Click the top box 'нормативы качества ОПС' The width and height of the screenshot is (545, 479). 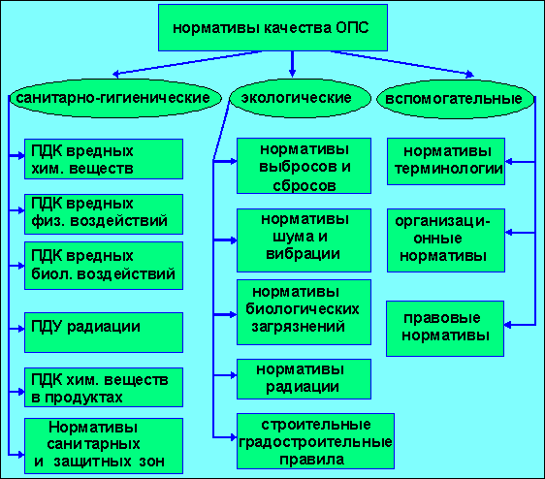(272, 28)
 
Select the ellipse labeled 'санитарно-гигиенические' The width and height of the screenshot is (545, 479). (114, 98)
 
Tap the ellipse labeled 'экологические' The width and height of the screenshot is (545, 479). (300, 98)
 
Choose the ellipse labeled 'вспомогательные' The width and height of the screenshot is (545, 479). (456, 99)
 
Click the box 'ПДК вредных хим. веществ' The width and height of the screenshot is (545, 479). (104, 159)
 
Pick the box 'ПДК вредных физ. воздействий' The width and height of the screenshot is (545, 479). (104, 214)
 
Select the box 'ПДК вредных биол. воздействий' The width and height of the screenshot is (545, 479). (104, 266)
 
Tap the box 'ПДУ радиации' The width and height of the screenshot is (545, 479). (104, 333)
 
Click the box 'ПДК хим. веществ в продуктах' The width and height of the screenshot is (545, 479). (104, 387)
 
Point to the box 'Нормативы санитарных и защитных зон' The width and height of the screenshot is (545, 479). (104, 446)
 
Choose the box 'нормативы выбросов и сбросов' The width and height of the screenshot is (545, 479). (304, 166)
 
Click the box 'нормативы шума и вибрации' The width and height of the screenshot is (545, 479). (304, 240)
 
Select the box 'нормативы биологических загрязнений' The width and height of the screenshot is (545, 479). (304, 312)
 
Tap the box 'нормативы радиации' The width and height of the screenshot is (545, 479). (304, 379)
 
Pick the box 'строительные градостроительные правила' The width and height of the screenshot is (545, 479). (315, 441)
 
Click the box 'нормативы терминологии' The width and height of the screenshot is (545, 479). (446, 161)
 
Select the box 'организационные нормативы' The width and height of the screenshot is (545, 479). (446, 240)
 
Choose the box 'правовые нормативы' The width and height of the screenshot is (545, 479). (445, 329)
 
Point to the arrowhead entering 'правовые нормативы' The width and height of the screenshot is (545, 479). (507, 325)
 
